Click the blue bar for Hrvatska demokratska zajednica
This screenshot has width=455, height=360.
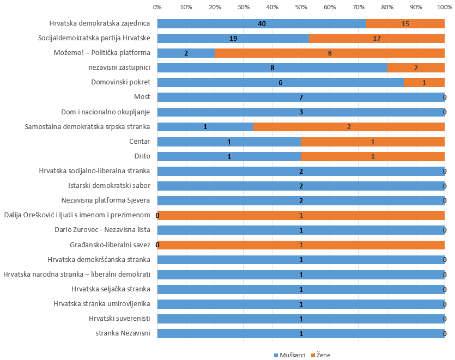(262, 23)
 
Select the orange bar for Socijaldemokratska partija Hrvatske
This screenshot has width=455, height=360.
(377, 38)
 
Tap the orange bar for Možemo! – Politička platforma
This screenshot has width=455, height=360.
(330, 53)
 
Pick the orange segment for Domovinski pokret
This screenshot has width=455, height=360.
(424, 82)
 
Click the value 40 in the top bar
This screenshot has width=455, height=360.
(262, 24)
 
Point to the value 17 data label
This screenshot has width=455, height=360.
(377, 39)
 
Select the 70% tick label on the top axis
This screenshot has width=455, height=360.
(359, 7)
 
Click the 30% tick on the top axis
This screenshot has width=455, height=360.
(244, 7)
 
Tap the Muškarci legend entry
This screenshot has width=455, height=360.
(289, 355)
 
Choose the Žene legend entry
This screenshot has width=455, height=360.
(320, 355)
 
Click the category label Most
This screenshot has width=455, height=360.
(142, 97)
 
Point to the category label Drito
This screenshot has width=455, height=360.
(142, 156)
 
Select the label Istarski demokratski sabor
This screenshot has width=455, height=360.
(109, 186)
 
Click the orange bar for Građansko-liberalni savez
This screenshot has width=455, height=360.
(301, 245)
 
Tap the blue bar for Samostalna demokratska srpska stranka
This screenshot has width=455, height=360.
(205, 127)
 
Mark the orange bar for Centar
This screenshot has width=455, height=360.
(373, 142)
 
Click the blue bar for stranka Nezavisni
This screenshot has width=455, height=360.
(301, 333)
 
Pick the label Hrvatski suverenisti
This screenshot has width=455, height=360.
(119, 319)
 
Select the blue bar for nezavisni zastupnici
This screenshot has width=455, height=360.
(272, 68)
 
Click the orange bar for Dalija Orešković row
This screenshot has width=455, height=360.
(301, 215)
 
